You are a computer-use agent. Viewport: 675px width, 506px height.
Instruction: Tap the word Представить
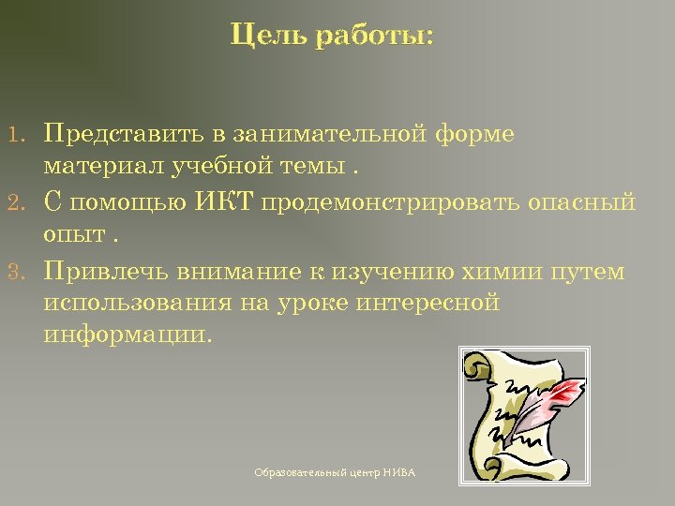coord(118,133)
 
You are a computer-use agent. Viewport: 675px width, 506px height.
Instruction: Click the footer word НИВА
coord(398,473)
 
